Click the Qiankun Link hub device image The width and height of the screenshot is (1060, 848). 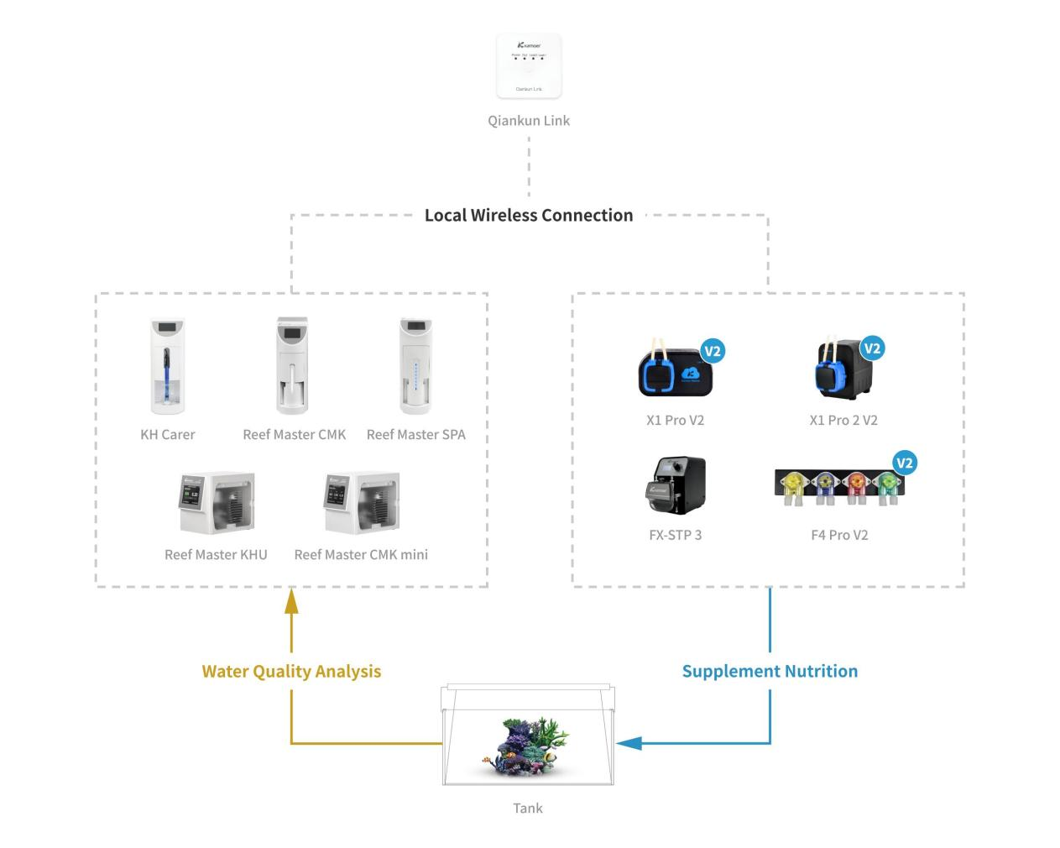pos(529,66)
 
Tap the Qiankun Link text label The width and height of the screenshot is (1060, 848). pos(529,120)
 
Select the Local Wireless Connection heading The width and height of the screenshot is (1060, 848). pos(529,215)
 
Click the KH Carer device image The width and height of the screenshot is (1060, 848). pos(168,366)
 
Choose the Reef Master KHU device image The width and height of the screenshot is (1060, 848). pos(217,502)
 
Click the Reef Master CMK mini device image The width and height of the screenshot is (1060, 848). pos(362,502)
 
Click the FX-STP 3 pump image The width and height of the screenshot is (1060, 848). pos(676,485)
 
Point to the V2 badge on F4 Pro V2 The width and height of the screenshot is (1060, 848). pos(905,463)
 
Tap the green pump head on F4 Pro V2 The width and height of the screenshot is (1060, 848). pos(886,482)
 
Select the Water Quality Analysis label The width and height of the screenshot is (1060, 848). pos(291,671)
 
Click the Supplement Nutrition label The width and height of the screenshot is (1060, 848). pos(770,671)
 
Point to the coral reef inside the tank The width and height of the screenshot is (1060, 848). pos(529,742)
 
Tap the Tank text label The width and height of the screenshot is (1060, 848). pos(528,808)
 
